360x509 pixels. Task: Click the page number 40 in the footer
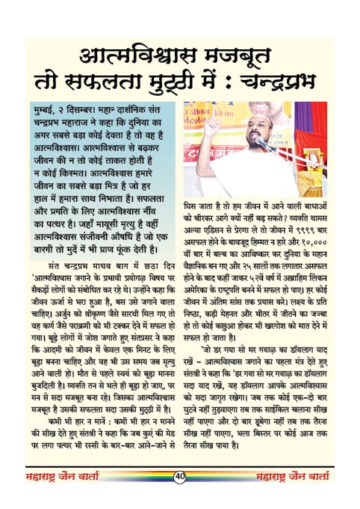tap(180, 496)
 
